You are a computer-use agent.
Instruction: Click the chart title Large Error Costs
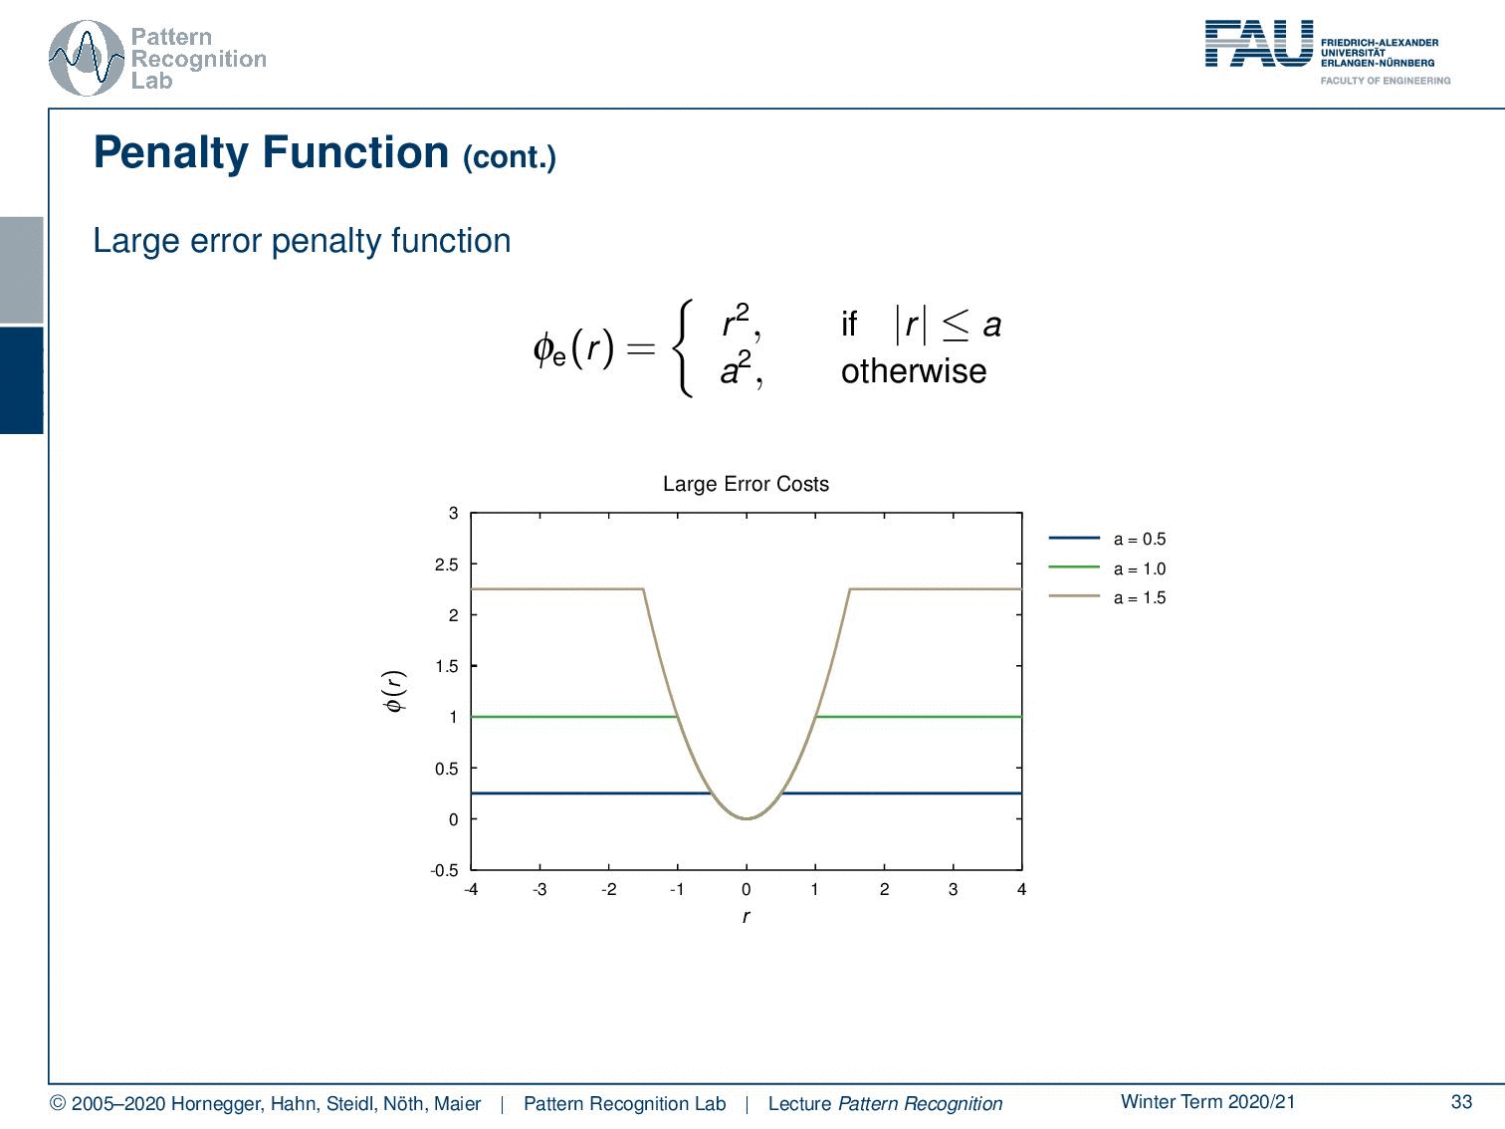(746, 484)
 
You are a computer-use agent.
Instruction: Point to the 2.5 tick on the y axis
(446, 564)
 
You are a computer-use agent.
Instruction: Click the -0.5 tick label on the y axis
(444, 870)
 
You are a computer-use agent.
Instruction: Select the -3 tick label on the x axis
(539, 889)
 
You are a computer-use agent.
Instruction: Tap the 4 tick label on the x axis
(1021, 889)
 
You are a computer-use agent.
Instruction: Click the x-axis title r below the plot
(746, 917)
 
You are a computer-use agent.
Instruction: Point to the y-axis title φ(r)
(394, 691)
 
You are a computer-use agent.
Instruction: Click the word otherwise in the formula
(914, 371)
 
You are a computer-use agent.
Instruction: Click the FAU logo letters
(1259, 43)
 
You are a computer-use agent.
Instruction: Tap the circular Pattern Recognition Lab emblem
(87, 59)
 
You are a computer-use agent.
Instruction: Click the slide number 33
(1461, 1101)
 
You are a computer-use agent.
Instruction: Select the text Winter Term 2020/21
(1207, 1101)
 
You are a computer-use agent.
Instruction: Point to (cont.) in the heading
(509, 157)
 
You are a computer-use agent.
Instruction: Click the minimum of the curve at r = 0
(746, 818)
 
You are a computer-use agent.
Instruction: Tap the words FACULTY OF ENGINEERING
(1385, 81)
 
